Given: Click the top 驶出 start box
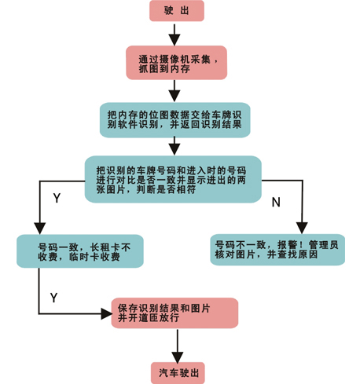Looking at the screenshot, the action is click(177, 11).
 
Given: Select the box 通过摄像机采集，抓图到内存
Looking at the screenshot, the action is click(177, 63).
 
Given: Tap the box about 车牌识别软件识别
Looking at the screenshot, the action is click(175, 120).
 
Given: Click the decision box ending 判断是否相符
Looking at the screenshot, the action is click(173, 179).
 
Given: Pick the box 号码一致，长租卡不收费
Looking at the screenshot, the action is click(80, 251).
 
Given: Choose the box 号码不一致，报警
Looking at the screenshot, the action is click(277, 250).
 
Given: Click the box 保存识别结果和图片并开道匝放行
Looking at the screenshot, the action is click(174, 313).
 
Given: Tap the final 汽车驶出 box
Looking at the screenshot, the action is click(178, 373).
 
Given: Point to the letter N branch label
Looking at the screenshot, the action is click(276, 202).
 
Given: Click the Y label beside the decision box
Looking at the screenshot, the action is click(57, 198).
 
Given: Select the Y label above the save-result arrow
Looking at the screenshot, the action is click(53, 298).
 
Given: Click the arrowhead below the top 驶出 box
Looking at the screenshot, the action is click(174, 40).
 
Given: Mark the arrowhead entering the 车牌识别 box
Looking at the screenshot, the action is click(174, 96).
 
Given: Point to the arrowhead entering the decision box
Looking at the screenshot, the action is click(174, 150).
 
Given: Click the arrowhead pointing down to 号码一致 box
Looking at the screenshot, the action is click(40, 229).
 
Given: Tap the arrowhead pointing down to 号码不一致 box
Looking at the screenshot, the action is click(302, 228).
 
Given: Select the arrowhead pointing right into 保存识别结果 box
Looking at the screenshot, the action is click(107, 313).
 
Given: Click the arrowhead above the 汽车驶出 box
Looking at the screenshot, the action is click(178, 357).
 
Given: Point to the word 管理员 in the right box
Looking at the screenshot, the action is click(324, 245).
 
